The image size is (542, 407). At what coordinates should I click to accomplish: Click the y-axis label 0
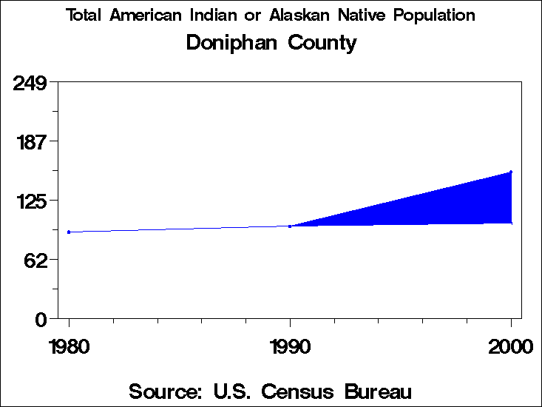(42, 319)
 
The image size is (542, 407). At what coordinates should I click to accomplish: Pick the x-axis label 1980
(69, 346)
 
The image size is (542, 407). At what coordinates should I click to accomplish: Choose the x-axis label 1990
(289, 346)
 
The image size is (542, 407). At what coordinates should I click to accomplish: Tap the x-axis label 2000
(510, 346)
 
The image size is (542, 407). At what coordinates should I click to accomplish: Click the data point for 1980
(69, 232)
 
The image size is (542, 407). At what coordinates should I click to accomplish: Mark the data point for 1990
(290, 226)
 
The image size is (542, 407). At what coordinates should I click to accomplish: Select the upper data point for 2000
(511, 172)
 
